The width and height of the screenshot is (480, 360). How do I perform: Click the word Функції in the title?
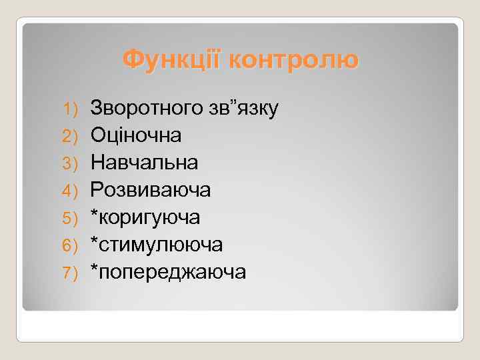click(173, 61)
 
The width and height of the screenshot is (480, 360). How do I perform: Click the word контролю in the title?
click(293, 61)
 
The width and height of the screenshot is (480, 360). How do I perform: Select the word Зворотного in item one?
click(147, 107)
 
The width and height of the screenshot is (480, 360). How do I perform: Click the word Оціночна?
click(136, 135)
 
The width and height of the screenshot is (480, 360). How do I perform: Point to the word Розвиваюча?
click(151, 190)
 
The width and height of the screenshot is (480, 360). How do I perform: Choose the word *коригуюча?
click(145, 218)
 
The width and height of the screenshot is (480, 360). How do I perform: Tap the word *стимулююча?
click(157, 245)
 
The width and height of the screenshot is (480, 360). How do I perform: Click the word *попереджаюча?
click(168, 273)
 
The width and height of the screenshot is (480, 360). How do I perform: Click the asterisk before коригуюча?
click(95, 214)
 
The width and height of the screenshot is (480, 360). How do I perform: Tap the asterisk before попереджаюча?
click(95, 269)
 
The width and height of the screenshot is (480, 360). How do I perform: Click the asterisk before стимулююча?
click(95, 241)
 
